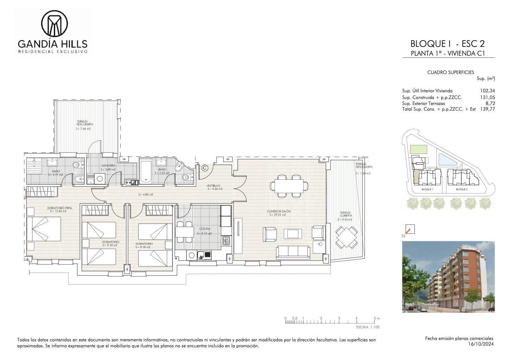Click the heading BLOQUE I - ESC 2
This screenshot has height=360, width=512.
coord(447,44)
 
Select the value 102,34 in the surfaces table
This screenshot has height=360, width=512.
coord(487,91)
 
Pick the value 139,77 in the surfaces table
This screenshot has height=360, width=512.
coord(487,109)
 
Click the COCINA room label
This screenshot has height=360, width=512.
coord(205,229)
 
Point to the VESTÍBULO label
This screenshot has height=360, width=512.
coord(213,185)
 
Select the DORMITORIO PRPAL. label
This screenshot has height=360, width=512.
coord(60,208)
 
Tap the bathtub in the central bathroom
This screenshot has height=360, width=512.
coord(145,172)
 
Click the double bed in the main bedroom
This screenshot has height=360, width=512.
coord(44,229)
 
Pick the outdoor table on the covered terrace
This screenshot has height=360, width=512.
coord(346,237)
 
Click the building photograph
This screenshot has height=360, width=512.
coord(448,277)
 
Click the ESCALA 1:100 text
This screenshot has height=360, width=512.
coord(368,327)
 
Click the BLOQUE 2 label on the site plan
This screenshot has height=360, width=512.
coord(462,190)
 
